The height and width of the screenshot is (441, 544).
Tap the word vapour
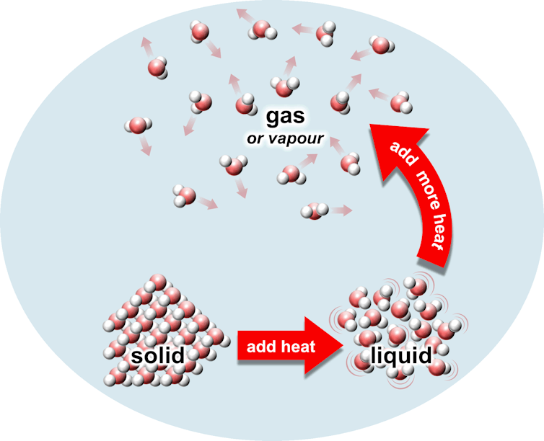tap(297, 137)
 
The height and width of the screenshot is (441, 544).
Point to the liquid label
tap(401, 355)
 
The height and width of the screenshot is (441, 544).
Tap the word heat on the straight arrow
tap(298, 347)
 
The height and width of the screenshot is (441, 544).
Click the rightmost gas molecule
tap(402, 102)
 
